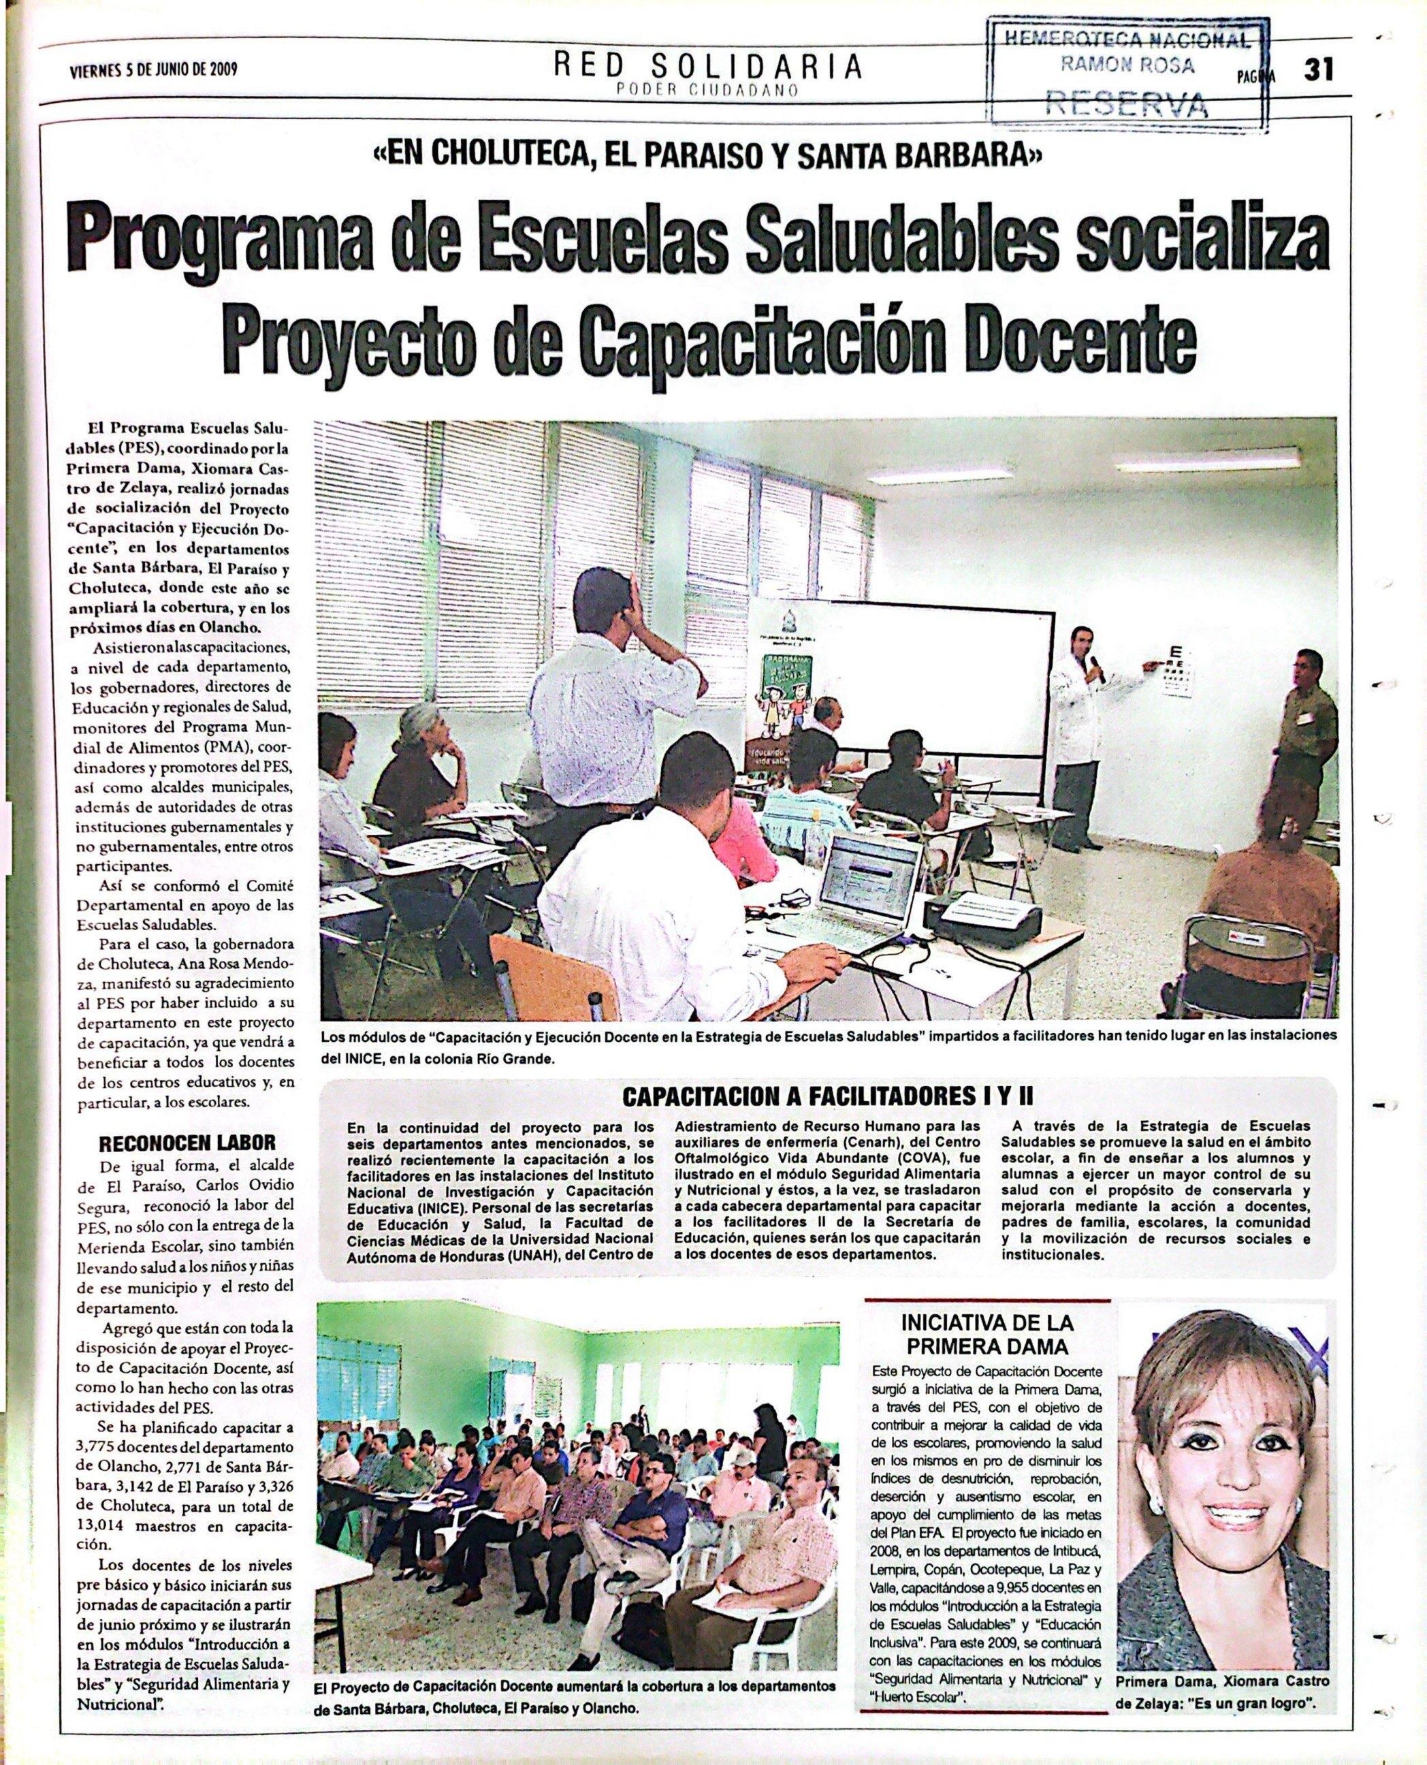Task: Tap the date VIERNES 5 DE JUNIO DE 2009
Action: (154, 70)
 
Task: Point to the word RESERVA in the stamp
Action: (1125, 104)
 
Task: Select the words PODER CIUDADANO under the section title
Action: (708, 91)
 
